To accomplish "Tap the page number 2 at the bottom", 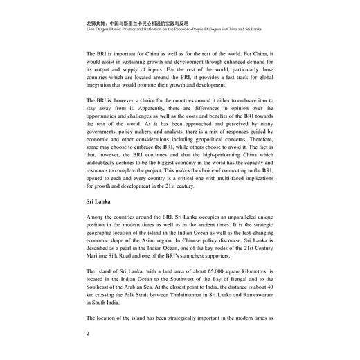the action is coord(88,332).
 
